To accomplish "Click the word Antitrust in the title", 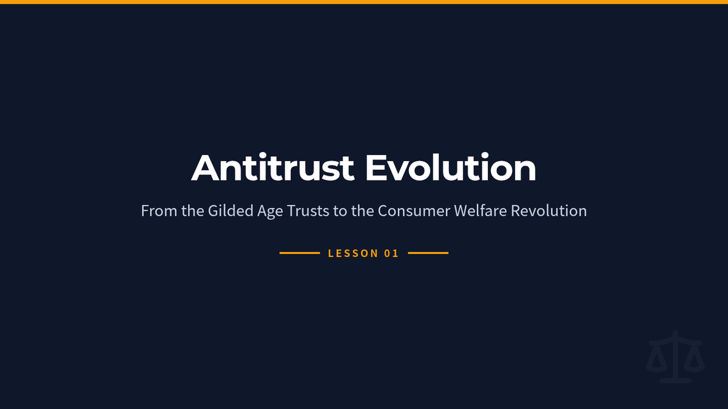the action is (x=272, y=167).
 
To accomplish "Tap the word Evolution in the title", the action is (x=451, y=167).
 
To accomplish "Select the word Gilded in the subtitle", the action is (x=231, y=211).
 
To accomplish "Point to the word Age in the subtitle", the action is (x=270, y=211).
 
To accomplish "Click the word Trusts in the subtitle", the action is (x=308, y=211).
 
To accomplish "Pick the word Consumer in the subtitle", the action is (x=414, y=211).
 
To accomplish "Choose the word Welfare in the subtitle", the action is (x=480, y=211).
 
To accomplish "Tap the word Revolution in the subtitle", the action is (x=549, y=211).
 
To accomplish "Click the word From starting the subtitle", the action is (x=159, y=211).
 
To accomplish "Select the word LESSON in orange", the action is (x=353, y=253).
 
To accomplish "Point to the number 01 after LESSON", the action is (x=391, y=253).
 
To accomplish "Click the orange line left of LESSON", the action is (x=300, y=253).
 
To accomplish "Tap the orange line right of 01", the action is (x=428, y=253).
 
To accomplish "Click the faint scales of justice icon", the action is (x=675, y=356).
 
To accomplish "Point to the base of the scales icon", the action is (x=675, y=381).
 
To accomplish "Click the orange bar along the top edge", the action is (x=364, y=2).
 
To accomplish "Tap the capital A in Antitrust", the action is (x=205, y=168).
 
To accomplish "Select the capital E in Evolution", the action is (x=377, y=168).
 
